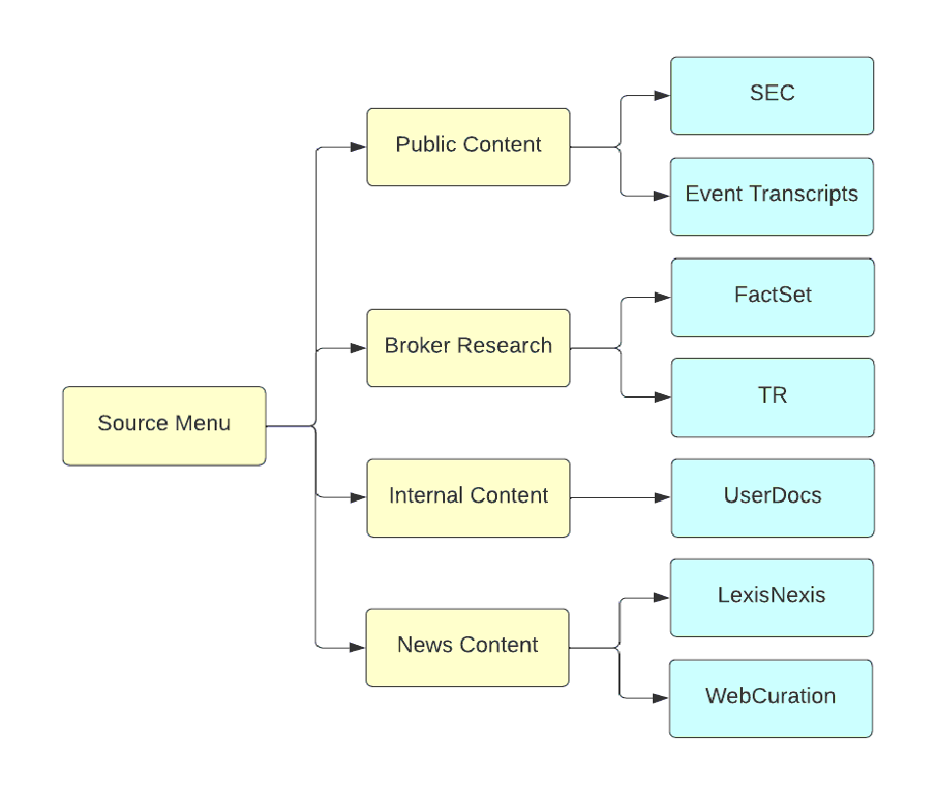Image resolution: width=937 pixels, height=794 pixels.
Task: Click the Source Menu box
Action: [x=164, y=425]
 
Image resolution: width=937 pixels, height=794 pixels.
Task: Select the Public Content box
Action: [x=468, y=147]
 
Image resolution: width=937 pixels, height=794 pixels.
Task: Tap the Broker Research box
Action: [x=468, y=347]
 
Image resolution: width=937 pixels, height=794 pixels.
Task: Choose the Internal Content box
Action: [x=468, y=498]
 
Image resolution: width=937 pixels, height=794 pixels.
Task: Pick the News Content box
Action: [x=467, y=647]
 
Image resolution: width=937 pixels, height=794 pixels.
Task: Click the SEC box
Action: [x=771, y=95]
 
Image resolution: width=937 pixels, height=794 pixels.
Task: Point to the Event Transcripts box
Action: [x=771, y=196]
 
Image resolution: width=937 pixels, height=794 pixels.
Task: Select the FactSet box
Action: [x=772, y=297]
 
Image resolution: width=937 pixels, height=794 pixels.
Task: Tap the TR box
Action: [x=772, y=397]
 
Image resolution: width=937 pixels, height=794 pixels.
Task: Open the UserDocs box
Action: [x=772, y=498]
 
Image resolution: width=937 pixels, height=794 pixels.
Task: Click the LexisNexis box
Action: [x=771, y=597]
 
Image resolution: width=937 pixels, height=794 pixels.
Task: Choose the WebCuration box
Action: [x=770, y=698]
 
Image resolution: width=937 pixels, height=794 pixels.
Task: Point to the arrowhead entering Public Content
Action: [x=359, y=148]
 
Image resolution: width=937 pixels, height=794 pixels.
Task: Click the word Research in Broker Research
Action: [x=510, y=346]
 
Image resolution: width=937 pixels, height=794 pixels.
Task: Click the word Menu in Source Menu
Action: [x=204, y=424]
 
